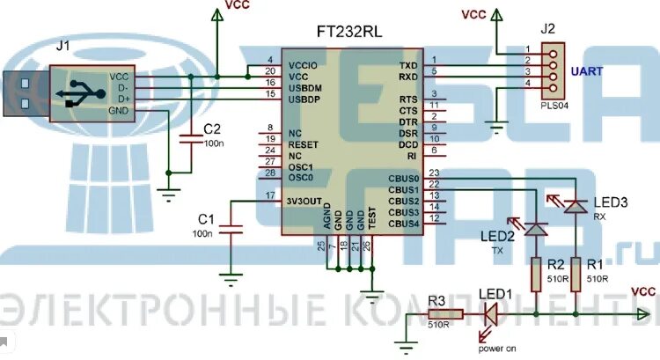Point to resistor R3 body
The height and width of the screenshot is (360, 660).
(x=445, y=313)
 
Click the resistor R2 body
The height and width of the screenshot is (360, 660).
(x=536, y=274)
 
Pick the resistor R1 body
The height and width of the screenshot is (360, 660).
(x=576, y=274)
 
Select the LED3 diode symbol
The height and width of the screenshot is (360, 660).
(x=576, y=205)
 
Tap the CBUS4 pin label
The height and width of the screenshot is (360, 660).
(x=403, y=224)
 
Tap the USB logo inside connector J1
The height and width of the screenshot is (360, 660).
(x=79, y=92)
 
